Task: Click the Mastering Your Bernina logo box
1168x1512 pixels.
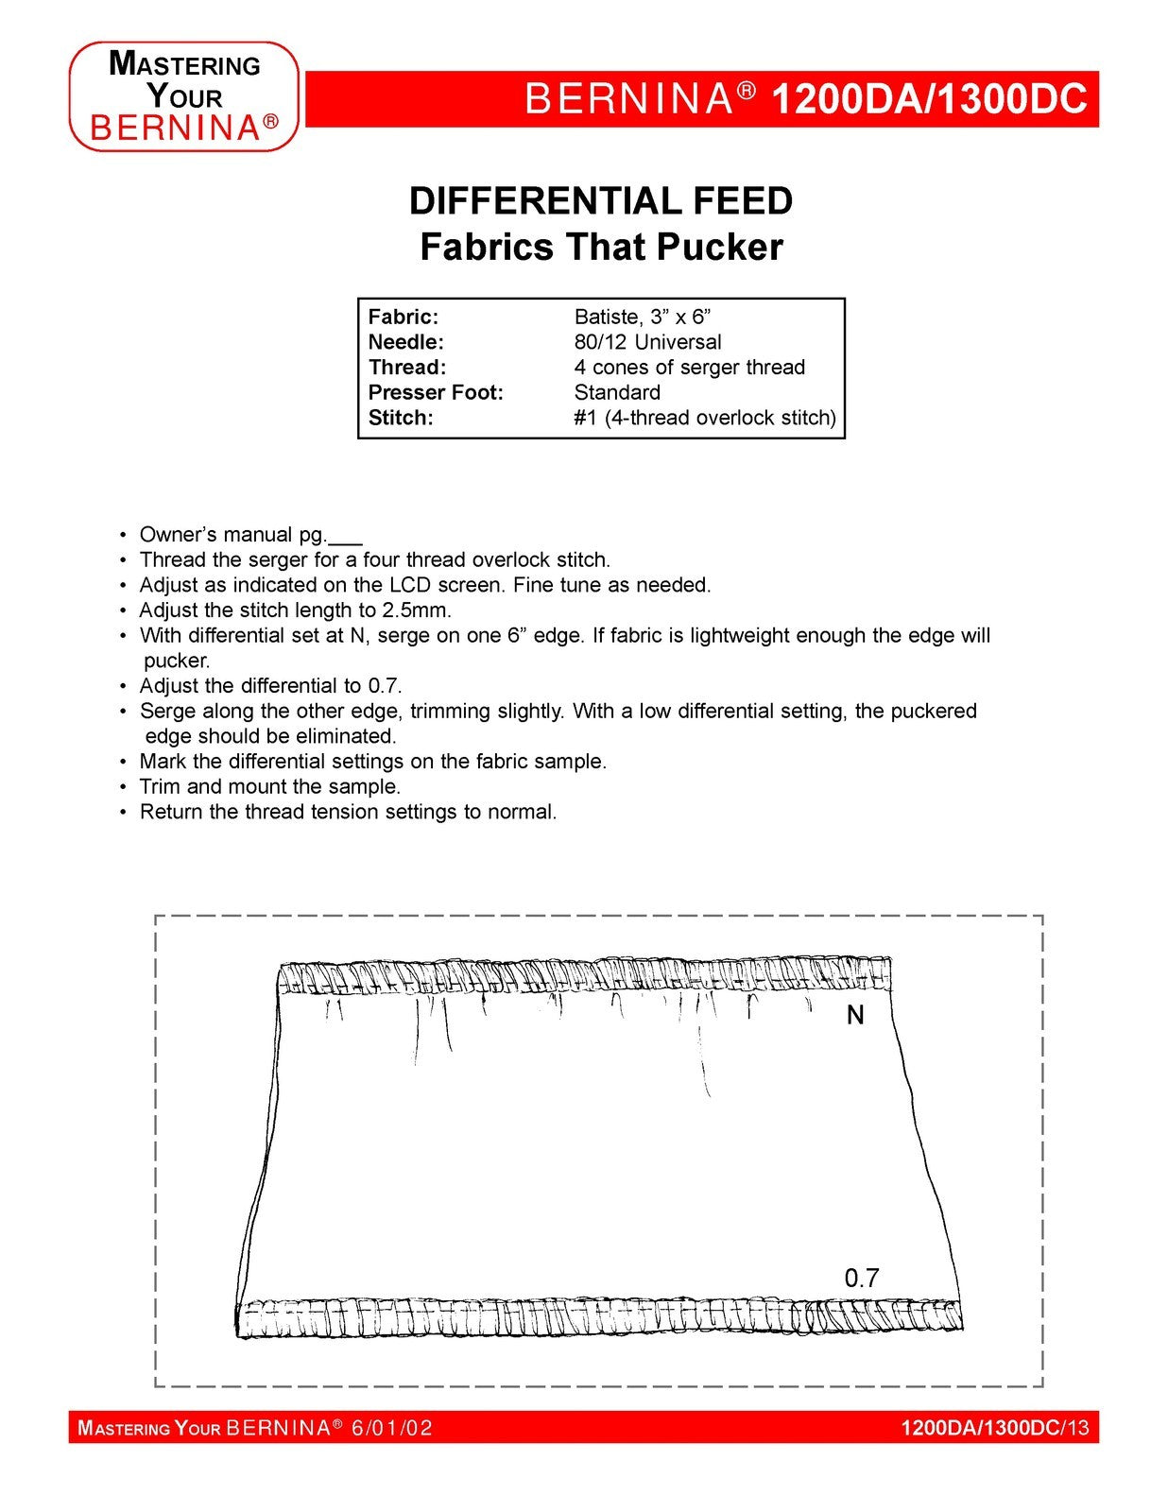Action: pos(184,96)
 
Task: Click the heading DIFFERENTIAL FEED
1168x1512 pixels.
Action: pos(600,201)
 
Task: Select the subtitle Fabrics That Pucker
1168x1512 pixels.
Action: pos(601,248)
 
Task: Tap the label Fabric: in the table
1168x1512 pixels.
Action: pos(403,317)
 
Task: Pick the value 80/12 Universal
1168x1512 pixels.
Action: pos(647,342)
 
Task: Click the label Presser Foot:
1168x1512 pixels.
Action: pos(435,392)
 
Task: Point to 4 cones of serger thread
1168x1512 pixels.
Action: pos(689,368)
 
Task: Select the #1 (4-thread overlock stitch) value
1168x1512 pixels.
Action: pos(704,418)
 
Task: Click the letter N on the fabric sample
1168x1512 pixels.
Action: pos(855,1016)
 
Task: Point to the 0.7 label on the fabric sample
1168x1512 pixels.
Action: pos(861,1279)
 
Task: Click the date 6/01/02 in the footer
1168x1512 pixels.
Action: pos(391,1428)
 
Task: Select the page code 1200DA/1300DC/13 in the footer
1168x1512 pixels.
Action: pos(994,1428)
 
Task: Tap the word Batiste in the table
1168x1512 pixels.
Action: pos(606,317)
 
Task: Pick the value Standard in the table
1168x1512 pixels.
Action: pos(617,392)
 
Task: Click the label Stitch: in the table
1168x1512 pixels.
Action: pos(400,418)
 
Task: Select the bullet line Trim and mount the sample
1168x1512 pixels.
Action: pos(269,786)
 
